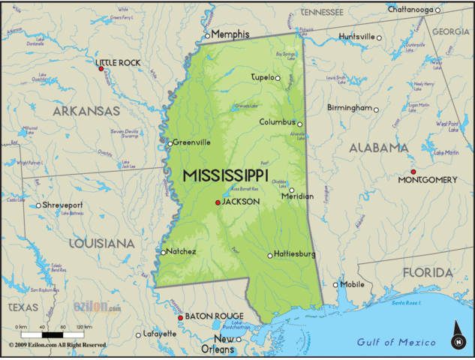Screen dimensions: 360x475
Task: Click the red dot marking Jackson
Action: point(218,202)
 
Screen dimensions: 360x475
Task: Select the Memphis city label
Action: point(230,34)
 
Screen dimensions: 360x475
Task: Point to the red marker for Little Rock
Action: point(101,69)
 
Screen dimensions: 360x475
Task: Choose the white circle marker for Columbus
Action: point(299,124)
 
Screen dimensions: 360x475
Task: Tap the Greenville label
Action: point(192,142)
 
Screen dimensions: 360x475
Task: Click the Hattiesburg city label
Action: point(296,254)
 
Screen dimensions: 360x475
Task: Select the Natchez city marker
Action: point(163,252)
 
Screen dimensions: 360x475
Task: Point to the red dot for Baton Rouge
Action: point(180,318)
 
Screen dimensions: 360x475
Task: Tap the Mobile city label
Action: point(353,284)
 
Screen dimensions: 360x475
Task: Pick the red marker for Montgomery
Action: point(413,172)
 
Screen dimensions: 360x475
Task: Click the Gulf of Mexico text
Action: point(396,342)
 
